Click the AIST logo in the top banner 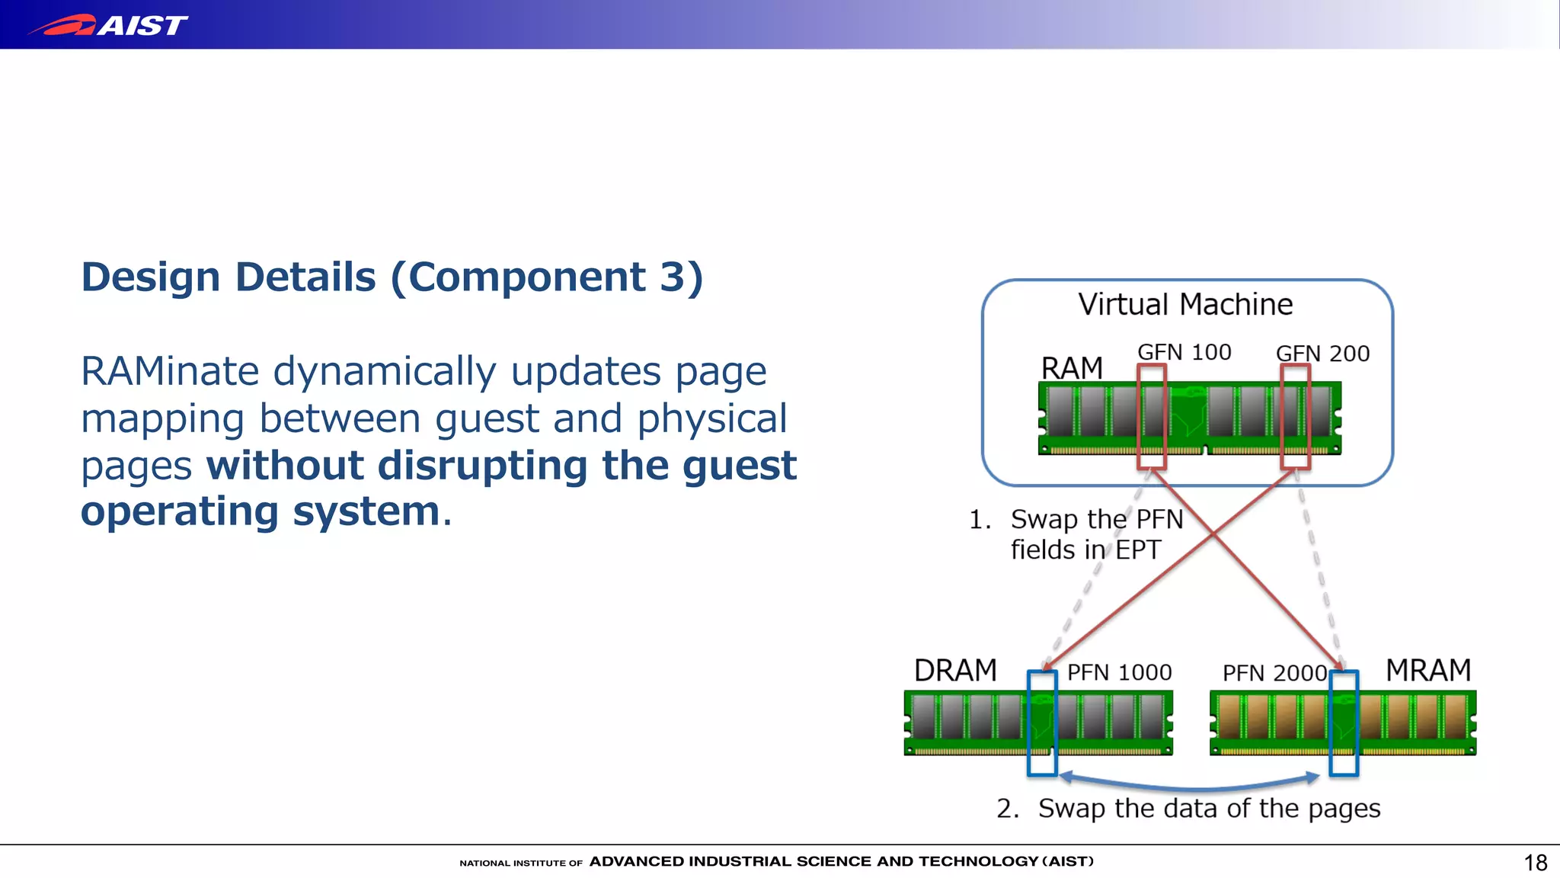click(110, 25)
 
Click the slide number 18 click(1535, 863)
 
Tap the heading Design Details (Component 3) click(392, 277)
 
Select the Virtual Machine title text click(1185, 305)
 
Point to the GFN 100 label click(1184, 352)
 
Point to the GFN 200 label click(1322, 354)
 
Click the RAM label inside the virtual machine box click(1072, 369)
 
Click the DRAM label click(955, 671)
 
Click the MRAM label click(1428, 671)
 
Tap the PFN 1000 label click(1119, 672)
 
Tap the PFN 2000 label click(1274, 673)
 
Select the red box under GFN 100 click(1152, 416)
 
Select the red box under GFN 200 click(1295, 416)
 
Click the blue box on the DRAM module click(1042, 723)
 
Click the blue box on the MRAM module click(1344, 723)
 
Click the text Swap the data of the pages click(1209, 809)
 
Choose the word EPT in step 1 click(1138, 550)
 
